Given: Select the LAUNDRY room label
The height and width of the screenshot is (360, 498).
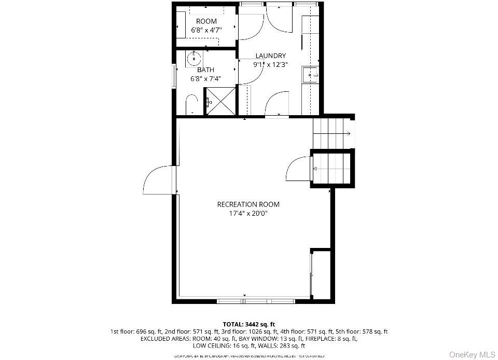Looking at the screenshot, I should pos(270,56).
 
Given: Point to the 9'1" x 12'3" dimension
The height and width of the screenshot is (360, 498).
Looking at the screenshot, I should pos(270,65).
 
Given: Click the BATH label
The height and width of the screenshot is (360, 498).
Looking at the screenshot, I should pos(205,70).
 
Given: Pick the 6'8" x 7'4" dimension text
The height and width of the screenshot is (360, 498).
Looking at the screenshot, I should pos(205,79).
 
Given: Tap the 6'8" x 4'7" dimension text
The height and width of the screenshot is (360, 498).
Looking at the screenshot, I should pos(206,30).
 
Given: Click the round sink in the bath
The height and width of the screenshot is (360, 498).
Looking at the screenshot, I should pos(193,58).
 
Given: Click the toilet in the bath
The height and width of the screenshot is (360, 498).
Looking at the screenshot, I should pos(191,103).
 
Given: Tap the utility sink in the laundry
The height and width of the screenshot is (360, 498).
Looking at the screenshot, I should pos(310,75).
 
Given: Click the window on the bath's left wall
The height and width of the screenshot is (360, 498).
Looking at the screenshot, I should pos(174,76).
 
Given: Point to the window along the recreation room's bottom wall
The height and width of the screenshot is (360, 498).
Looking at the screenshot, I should pos(255,300).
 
